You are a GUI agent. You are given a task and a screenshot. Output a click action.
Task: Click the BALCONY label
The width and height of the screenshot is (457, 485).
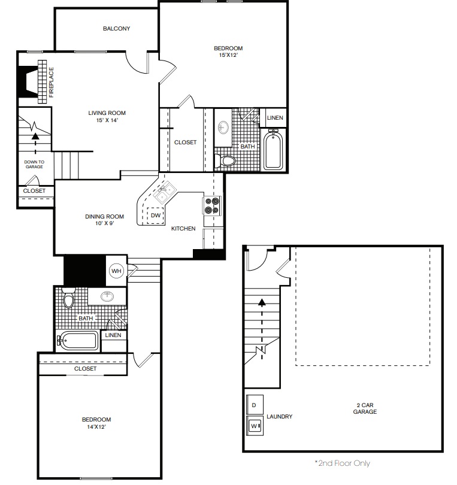(116, 29)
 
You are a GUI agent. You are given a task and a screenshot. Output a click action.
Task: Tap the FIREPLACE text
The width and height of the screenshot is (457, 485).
(52, 82)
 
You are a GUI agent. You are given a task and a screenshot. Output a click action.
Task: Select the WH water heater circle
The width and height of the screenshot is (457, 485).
(116, 271)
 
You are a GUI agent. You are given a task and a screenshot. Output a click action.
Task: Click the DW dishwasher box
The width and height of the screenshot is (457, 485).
(155, 215)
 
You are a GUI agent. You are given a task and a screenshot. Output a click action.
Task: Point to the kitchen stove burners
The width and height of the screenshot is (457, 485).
(212, 206)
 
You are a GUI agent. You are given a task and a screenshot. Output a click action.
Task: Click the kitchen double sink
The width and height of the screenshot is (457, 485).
(164, 192)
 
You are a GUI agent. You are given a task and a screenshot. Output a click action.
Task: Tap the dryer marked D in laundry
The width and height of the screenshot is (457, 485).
(255, 405)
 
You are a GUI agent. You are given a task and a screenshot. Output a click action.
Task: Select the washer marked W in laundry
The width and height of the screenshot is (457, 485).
(255, 426)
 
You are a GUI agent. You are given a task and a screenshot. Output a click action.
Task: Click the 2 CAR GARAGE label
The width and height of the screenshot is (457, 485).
(365, 408)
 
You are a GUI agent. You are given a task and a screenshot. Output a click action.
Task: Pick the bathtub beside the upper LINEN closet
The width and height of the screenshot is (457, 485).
(273, 150)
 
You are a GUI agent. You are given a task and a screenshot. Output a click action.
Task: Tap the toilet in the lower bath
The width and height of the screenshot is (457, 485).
(68, 298)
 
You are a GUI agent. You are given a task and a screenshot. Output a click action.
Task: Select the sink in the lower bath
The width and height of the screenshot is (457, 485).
(107, 296)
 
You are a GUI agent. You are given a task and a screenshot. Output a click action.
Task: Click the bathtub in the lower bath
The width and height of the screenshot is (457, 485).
(78, 341)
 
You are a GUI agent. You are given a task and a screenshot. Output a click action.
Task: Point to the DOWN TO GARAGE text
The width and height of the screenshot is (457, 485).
(34, 164)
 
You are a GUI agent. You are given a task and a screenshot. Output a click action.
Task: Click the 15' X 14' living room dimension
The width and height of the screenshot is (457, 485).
(107, 120)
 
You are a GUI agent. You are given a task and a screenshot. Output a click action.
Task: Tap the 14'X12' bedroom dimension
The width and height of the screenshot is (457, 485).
(96, 427)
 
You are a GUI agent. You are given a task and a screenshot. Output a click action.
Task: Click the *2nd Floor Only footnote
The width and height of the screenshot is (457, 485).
(343, 463)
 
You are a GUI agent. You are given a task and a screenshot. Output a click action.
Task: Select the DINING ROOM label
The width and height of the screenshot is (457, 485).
(105, 217)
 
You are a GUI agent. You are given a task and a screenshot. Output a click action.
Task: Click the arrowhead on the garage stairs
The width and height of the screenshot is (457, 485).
(262, 302)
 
